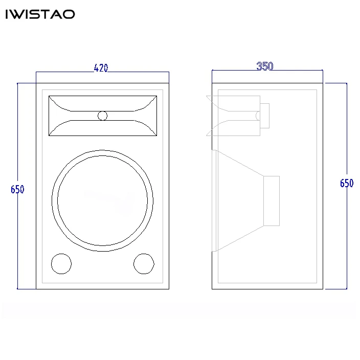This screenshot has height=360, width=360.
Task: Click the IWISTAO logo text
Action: point(40,14)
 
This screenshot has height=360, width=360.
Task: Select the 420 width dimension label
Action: point(101,67)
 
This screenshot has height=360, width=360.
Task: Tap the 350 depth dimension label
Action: point(265,66)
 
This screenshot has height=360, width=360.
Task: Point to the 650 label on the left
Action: point(17,189)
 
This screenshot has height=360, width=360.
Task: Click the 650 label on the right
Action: point(347,184)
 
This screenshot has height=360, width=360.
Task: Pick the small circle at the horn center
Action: point(103,116)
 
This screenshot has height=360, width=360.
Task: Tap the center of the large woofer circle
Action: point(102,200)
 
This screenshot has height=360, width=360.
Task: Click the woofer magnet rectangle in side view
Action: point(272,200)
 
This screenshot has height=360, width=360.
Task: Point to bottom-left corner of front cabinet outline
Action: point(36,289)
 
